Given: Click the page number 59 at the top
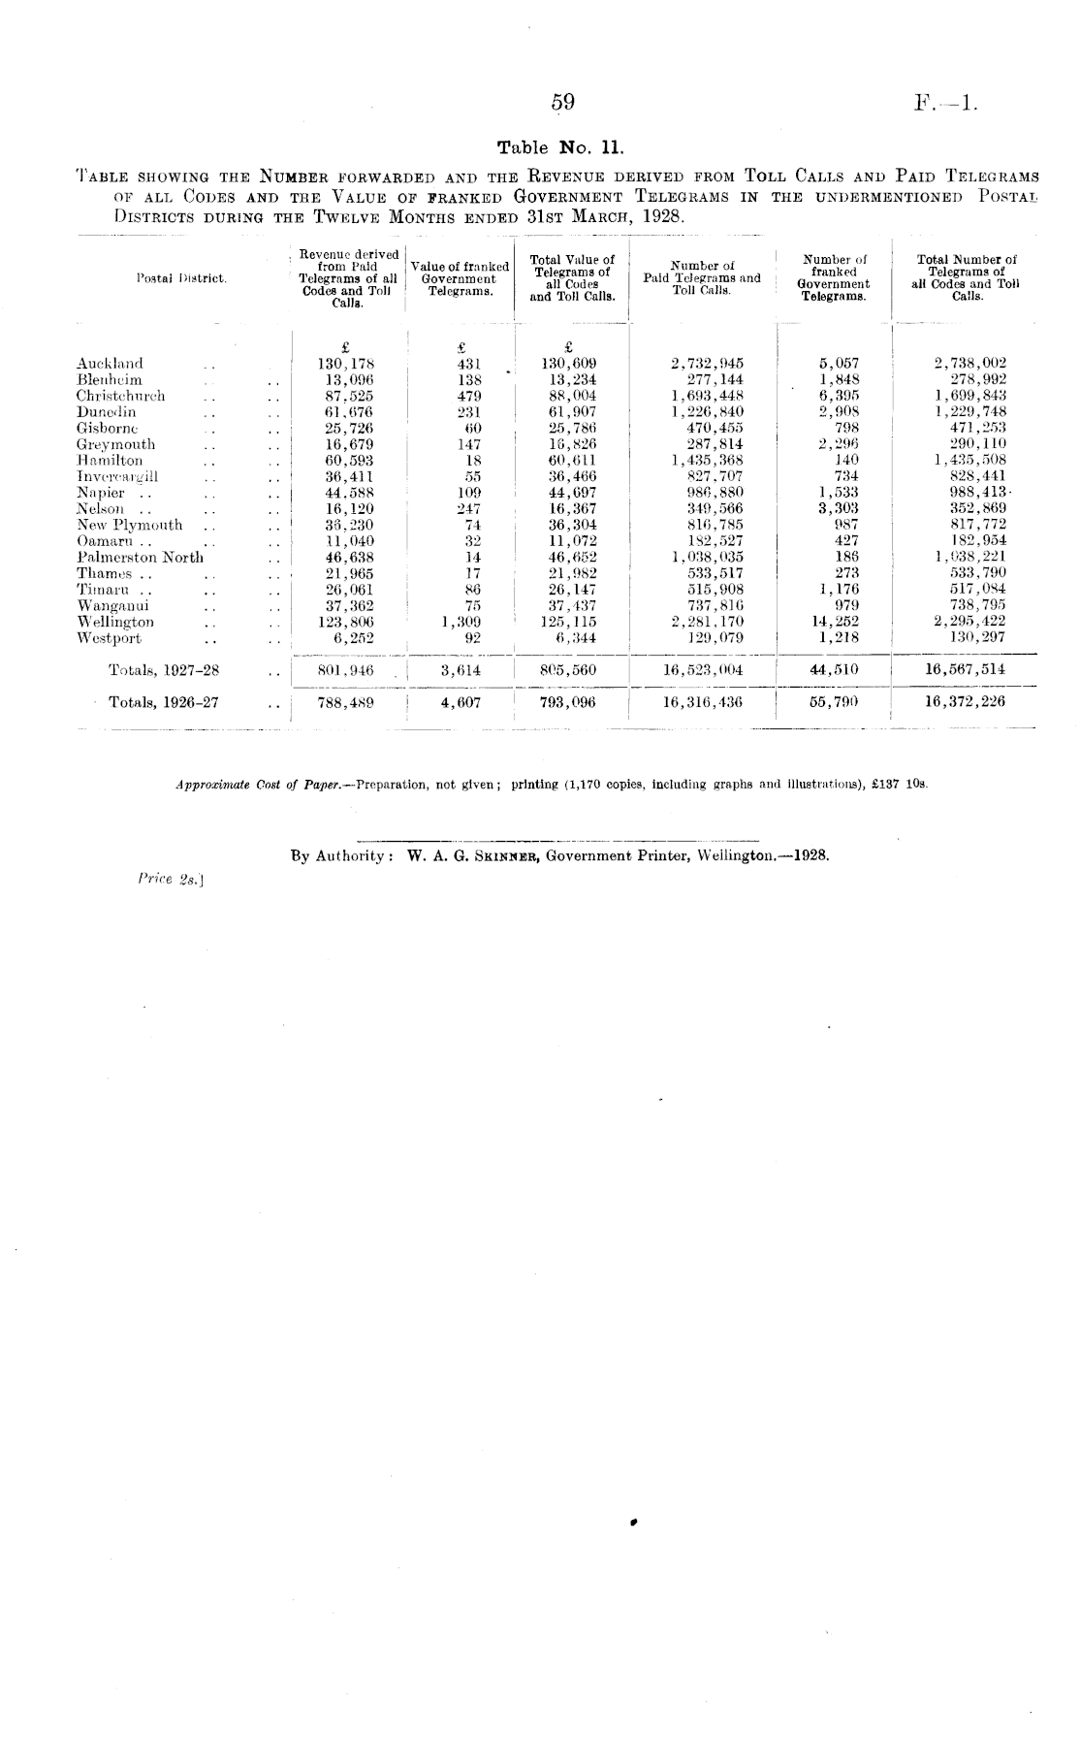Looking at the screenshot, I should click(x=563, y=103).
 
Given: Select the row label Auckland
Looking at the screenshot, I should click(x=110, y=364).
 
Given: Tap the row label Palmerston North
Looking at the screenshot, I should click(x=140, y=558).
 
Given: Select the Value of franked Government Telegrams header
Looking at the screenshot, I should click(x=460, y=278).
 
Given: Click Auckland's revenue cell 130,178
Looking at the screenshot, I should click(x=346, y=364).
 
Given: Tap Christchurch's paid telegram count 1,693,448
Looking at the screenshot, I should click(x=707, y=396).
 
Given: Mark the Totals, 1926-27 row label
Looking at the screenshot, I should click(x=163, y=702).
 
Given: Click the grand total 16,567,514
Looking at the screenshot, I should click(x=965, y=669).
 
